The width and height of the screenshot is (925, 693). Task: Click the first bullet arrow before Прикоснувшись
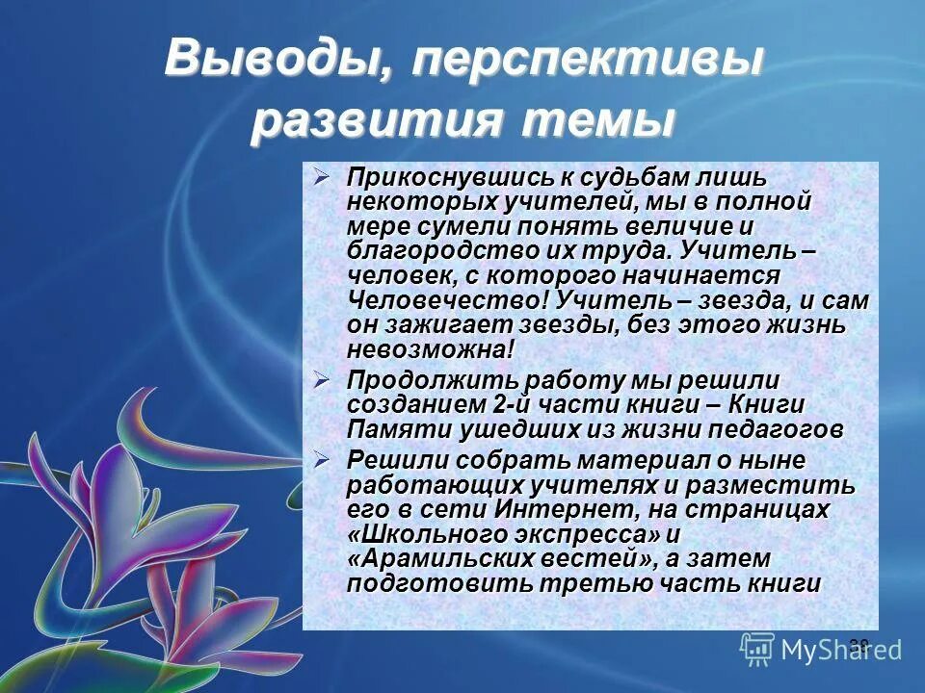(323, 177)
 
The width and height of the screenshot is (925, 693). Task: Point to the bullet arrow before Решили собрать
(323, 460)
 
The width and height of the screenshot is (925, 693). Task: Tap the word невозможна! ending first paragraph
(431, 349)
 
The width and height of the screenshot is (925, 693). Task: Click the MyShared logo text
(841, 651)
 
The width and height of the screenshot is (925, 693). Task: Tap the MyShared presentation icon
(757, 650)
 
